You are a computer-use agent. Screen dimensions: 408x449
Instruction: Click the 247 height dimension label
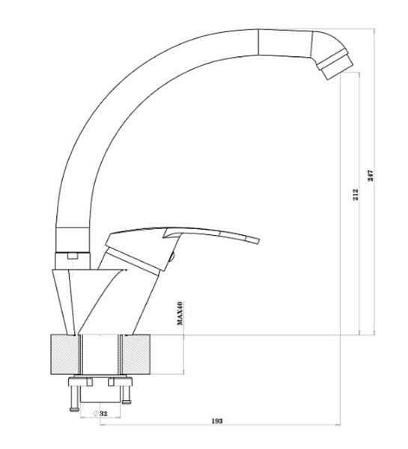click(371, 176)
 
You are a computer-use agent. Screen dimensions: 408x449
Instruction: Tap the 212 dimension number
click(356, 195)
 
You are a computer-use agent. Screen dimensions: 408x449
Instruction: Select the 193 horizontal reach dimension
click(217, 421)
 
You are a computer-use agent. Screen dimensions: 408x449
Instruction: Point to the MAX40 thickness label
click(180, 314)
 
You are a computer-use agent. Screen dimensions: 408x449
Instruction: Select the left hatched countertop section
click(64, 355)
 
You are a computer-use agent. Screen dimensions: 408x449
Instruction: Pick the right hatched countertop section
click(136, 355)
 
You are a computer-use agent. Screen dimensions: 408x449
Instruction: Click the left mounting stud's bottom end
click(74, 410)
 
